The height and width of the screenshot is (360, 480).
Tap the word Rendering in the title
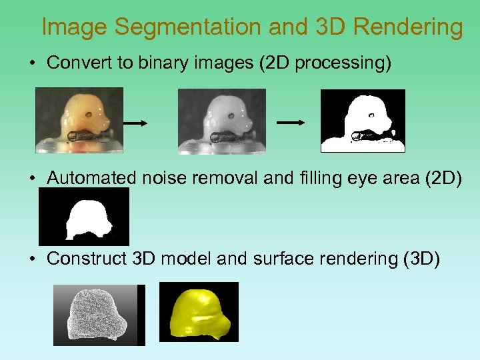pyautogui.click(x=407, y=27)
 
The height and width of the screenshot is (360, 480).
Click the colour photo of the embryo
pyautogui.click(x=79, y=120)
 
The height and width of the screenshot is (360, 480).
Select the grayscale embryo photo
pyautogui.click(x=221, y=121)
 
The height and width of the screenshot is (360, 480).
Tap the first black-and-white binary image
pyautogui.click(x=363, y=121)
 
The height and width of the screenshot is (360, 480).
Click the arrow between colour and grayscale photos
pyautogui.click(x=135, y=123)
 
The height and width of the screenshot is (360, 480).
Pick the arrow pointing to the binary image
pyautogui.click(x=291, y=123)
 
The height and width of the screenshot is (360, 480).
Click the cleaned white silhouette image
pyautogui.click(x=84, y=217)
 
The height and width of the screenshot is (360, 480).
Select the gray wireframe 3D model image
pyautogui.click(x=99, y=315)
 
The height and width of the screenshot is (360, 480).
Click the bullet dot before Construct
pyautogui.click(x=32, y=259)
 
